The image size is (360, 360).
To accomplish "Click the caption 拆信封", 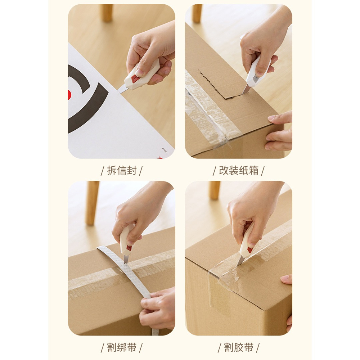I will click(x=122, y=170).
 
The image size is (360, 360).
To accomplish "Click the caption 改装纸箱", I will click(x=239, y=170).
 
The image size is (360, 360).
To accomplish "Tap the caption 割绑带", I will click(x=122, y=347).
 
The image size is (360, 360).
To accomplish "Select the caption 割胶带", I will click(x=239, y=347).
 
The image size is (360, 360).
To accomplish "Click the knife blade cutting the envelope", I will click(x=123, y=89).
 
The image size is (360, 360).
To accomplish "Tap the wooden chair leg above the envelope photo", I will click(x=107, y=13).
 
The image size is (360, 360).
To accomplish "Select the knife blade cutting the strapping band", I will click(x=126, y=259).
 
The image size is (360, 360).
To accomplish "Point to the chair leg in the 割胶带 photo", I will click(x=215, y=190).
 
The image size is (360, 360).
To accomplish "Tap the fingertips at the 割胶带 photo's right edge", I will click(x=287, y=279).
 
